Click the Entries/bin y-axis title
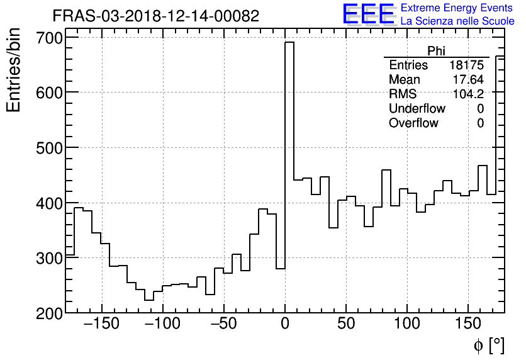(x=14, y=70)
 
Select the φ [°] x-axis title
(x=488, y=346)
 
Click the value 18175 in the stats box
(x=466, y=65)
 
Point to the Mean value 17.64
(x=468, y=80)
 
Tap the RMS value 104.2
(x=468, y=94)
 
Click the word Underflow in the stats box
(x=417, y=109)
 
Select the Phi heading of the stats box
(x=437, y=51)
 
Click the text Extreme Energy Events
(x=457, y=8)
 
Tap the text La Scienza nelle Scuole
(x=457, y=21)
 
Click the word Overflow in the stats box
(x=413, y=123)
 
